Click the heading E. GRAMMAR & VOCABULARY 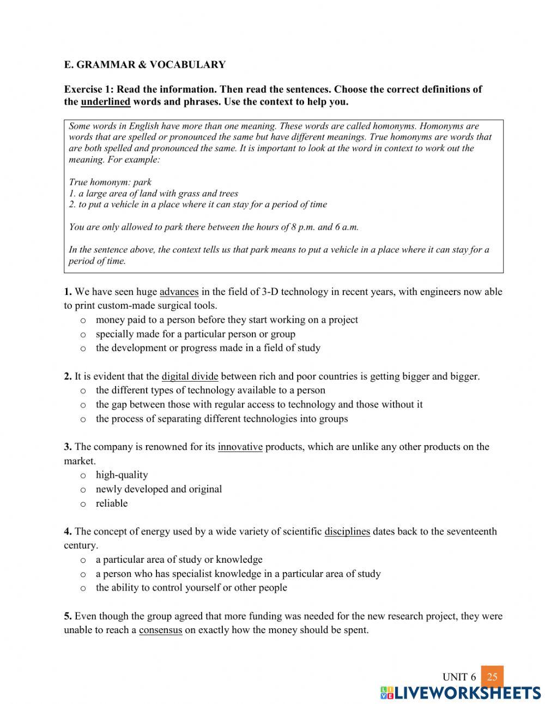click(144, 65)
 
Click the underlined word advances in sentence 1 click(179, 292)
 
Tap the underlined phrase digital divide click(190, 376)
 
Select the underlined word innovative click(240, 447)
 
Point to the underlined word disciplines click(347, 532)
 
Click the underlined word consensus click(160, 630)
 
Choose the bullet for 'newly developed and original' click(83, 490)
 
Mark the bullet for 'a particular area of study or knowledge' click(83, 560)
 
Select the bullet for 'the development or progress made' click(83, 348)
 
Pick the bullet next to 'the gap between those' click(83, 405)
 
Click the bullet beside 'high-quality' click(83, 476)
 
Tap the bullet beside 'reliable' click(83, 504)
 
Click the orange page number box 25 click(492, 677)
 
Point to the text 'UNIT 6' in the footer click(459, 677)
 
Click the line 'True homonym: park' click(110, 182)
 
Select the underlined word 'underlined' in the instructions click(105, 102)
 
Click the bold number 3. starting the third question click(68, 447)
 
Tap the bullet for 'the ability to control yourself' click(83, 588)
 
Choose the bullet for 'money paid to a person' click(83, 321)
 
